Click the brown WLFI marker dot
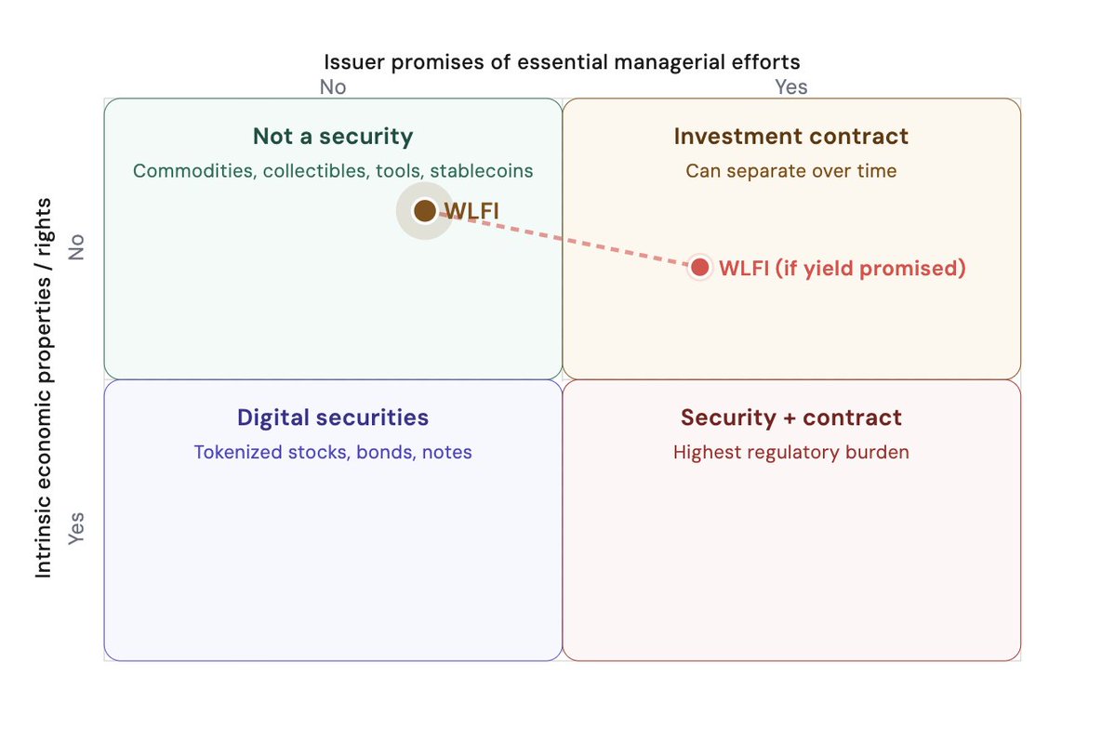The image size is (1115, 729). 425,210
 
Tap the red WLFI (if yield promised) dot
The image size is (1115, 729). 699,268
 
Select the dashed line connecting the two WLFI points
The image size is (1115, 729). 562,239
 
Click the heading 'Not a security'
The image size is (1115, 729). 333,136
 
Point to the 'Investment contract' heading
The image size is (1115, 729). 790,136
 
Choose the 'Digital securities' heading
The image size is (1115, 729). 333,418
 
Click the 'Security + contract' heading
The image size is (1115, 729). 790,418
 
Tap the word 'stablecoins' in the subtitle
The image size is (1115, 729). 482,171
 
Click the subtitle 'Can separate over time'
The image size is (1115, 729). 790,171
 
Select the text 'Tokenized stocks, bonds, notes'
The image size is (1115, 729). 333,452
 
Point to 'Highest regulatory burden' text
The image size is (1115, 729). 790,452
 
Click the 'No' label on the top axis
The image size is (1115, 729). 333,86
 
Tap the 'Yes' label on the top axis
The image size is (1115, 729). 790,86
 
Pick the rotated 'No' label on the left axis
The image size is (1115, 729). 76,246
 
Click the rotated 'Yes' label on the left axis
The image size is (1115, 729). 76,528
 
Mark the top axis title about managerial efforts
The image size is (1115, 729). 562,62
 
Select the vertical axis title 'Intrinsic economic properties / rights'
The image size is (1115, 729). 44,388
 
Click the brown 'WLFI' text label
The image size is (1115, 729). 471,211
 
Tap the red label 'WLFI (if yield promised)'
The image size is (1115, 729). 842,268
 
